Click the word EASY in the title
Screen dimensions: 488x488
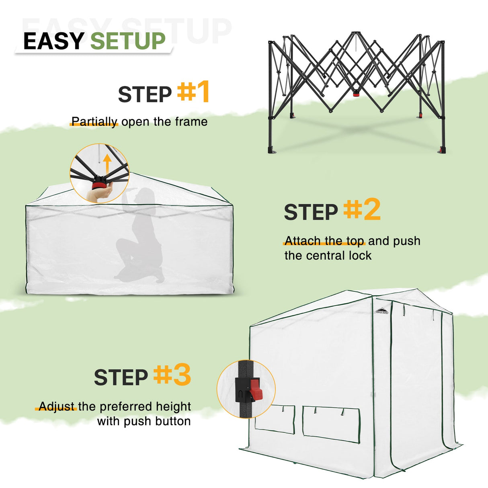pyautogui.click(x=53, y=41)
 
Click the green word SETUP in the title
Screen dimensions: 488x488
pyautogui.click(x=128, y=41)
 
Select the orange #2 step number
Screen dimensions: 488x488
pyautogui.click(x=362, y=209)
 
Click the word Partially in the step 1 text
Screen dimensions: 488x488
pyautogui.click(x=94, y=122)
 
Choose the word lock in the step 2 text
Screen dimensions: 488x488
pyautogui.click(x=360, y=256)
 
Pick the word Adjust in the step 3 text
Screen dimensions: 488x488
pyautogui.click(x=57, y=406)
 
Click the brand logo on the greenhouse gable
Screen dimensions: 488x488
pyautogui.click(x=382, y=310)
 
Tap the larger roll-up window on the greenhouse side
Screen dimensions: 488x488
pyautogui.click(x=331, y=424)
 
